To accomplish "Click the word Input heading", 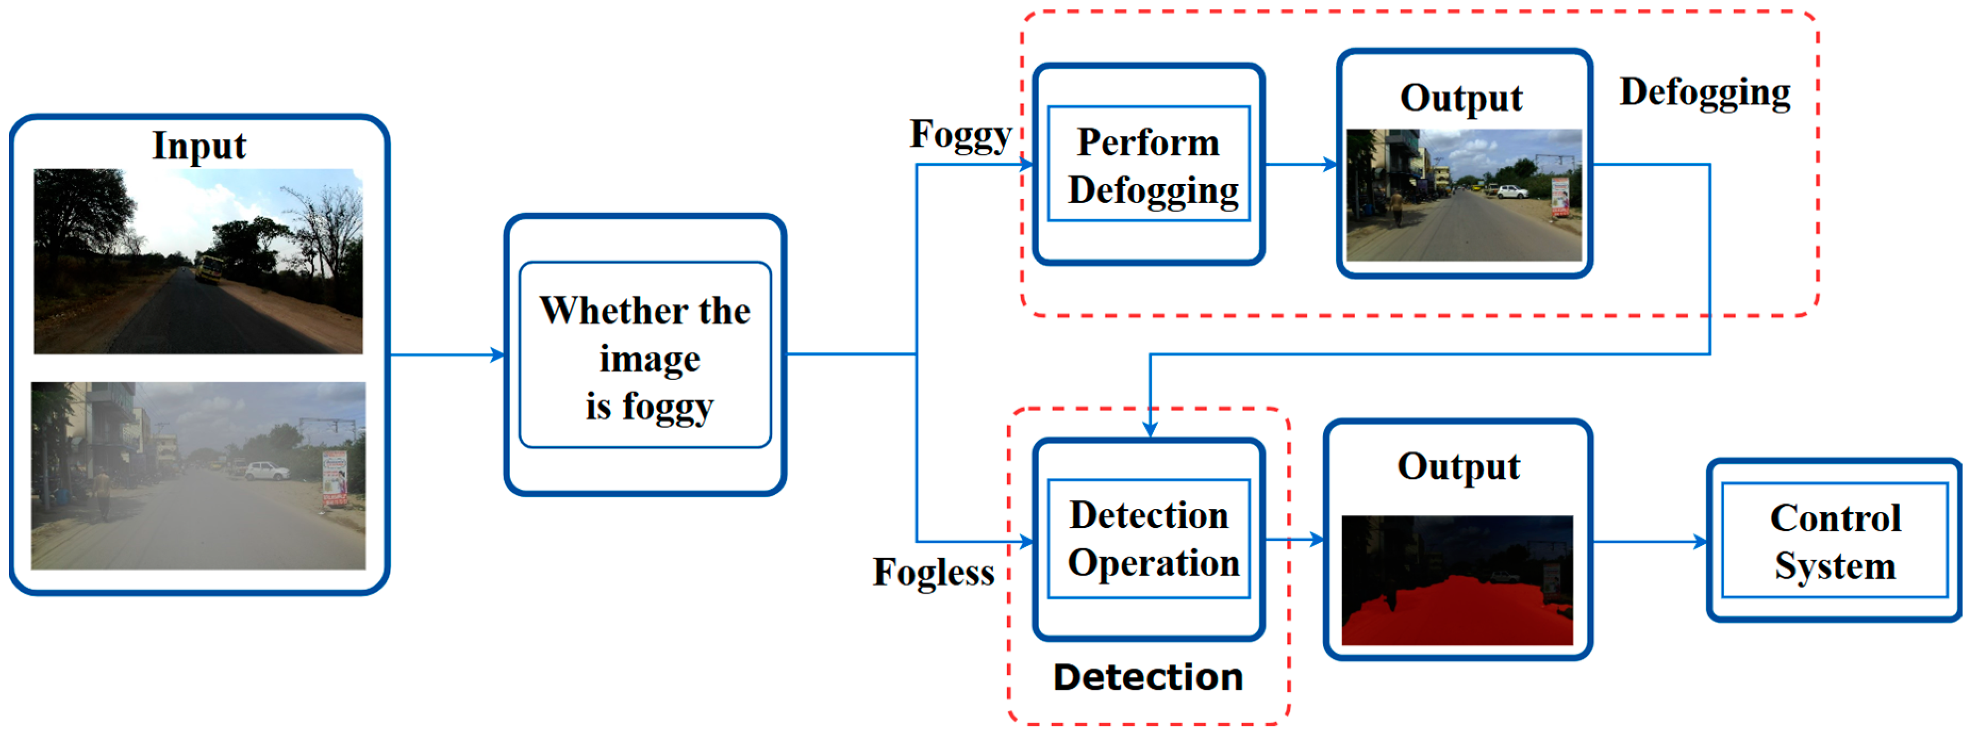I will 199,145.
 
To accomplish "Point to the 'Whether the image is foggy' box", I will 645,356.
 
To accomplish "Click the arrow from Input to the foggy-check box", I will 447,355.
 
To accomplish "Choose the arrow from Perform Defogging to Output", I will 1300,164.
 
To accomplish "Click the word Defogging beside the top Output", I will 1705,93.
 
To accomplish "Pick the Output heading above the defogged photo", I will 1461,98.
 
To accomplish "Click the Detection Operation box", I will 1148,539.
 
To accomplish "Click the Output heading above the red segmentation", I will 1458,467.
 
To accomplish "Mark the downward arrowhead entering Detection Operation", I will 1150,430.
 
